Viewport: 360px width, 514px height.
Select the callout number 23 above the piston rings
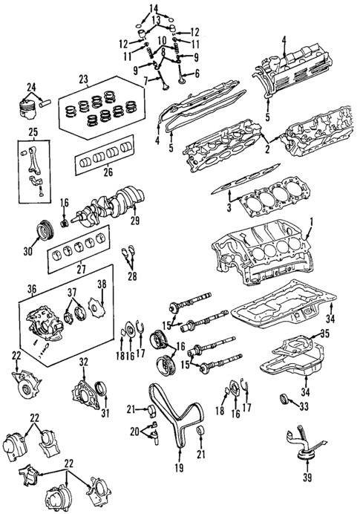tap(82, 78)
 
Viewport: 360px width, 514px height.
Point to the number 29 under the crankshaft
tap(134, 221)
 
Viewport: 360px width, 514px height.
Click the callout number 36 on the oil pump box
tap(31, 290)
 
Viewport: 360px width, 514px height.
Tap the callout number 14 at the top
tap(153, 7)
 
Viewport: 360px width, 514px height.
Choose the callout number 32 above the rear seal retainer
tap(83, 362)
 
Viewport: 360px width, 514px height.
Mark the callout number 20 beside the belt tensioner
tap(134, 431)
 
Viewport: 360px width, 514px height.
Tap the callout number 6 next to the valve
tap(197, 73)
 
